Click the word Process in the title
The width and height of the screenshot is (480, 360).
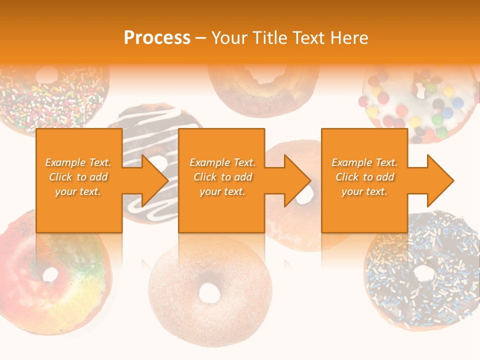[157, 38]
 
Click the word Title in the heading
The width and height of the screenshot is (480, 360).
[270, 38]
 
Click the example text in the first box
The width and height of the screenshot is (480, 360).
[78, 177]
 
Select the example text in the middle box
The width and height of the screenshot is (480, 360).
[222, 177]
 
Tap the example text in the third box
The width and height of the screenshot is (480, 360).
[364, 177]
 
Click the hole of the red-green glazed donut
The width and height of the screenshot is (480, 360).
[50, 274]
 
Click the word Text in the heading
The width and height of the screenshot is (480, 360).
[308, 38]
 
